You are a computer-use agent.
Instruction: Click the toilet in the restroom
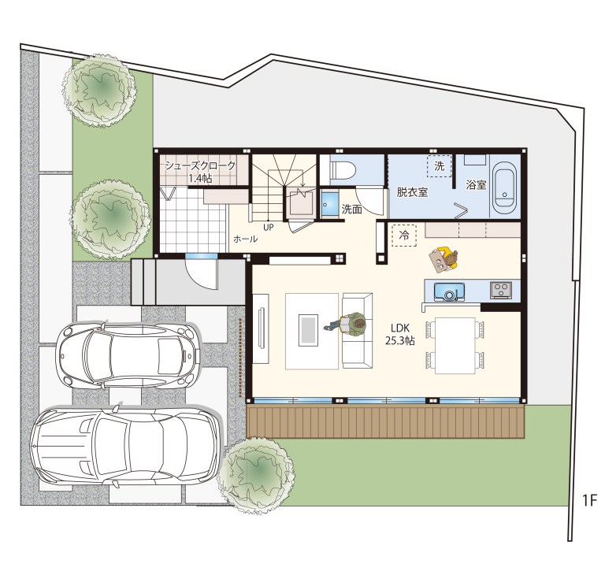point(343,169)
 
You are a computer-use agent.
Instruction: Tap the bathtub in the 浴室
point(505,188)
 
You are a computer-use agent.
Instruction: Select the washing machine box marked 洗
point(439,166)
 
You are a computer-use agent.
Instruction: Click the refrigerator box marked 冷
point(404,236)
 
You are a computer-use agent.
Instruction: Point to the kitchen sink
point(449,291)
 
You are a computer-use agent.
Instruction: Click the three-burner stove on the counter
point(501,289)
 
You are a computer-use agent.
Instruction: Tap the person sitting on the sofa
point(347,324)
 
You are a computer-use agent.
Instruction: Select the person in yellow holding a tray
point(444,259)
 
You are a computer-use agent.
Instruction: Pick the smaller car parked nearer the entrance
point(128,355)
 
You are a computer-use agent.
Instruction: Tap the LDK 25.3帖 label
point(400,335)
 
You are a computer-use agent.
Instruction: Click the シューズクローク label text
point(200,166)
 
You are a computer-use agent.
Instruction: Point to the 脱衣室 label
point(412,191)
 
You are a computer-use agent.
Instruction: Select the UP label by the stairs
point(269,228)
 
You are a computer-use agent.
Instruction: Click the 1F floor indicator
point(589,500)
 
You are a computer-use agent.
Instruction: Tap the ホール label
point(246,239)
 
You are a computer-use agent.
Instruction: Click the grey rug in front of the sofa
point(309,329)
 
